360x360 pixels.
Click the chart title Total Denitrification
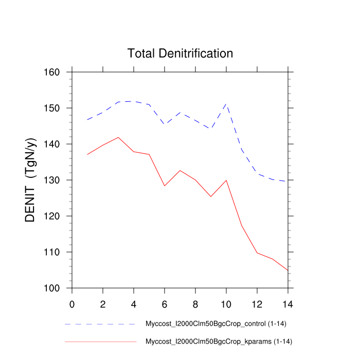coord(180,53)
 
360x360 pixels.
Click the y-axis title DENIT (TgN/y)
coord(31,180)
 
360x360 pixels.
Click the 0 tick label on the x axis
coord(72,303)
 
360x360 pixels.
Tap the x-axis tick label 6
coord(165,303)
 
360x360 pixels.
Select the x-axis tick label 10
coord(226,303)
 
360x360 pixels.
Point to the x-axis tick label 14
coord(288,303)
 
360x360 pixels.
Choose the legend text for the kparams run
coord(220,341)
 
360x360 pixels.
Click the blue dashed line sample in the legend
coord(100,325)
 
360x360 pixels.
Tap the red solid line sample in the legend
coord(100,341)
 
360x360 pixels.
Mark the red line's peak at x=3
coord(118,137)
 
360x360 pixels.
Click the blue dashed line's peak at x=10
coord(226,104)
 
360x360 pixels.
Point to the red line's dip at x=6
coord(165,186)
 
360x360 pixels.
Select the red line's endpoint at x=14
coord(288,270)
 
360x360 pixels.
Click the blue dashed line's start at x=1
coord(87,120)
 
